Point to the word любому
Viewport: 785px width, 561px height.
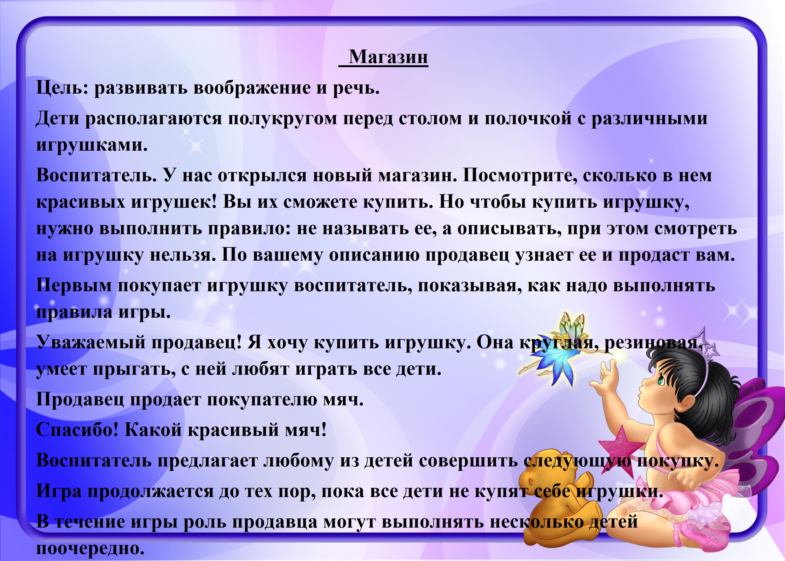299,461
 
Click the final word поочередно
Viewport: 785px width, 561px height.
90,549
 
